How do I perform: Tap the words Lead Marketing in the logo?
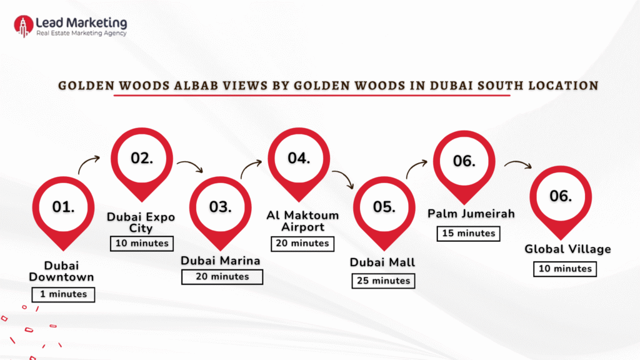(81, 22)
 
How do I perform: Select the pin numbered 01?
(63, 207)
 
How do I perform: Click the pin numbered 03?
(221, 207)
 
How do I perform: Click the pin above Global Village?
(560, 196)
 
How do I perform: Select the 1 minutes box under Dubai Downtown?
(63, 294)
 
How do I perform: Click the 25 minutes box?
(384, 281)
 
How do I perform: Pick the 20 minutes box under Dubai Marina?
(222, 276)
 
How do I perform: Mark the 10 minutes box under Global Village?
(565, 269)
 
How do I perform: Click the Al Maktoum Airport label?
(302, 221)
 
